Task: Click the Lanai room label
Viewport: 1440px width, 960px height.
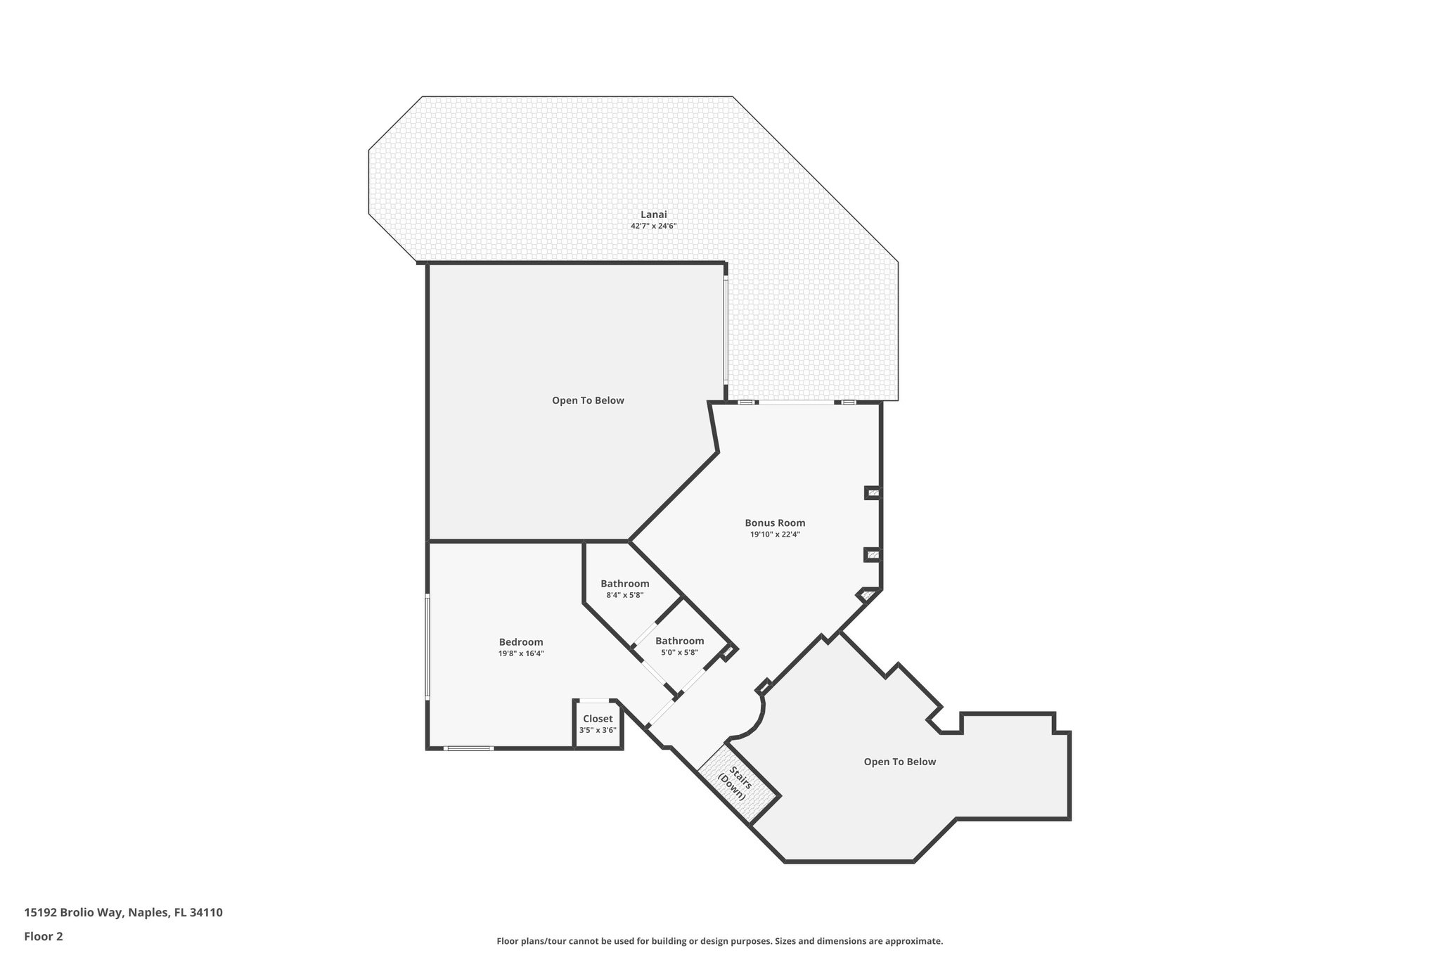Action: tap(653, 215)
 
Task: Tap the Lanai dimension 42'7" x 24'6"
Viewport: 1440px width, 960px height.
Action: tap(653, 226)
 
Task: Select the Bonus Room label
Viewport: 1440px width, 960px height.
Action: tap(775, 523)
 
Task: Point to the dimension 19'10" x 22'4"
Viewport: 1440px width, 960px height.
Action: tap(775, 535)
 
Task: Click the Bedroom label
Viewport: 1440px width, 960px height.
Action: tap(521, 641)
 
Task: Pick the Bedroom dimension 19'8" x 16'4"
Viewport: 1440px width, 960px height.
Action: tap(521, 653)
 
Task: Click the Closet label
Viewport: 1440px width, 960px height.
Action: tap(598, 719)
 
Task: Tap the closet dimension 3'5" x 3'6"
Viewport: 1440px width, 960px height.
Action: tap(598, 730)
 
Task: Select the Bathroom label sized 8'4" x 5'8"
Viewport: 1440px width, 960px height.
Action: tap(624, 584)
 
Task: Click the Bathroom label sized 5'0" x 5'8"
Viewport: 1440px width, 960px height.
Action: tap(679, 641)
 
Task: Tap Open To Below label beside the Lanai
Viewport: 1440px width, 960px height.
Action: tap(588, 400)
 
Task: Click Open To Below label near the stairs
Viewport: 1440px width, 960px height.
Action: tap(899, 762)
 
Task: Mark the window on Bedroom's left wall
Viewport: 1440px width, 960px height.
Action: tap(427, 646)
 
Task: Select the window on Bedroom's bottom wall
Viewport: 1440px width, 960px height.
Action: tap(469, 748)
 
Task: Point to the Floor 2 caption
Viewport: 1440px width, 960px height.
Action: tap(44, 936)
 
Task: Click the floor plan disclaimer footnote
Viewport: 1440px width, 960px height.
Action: tap(719, 941)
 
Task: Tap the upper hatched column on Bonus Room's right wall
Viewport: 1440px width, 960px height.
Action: tap(873, 493)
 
